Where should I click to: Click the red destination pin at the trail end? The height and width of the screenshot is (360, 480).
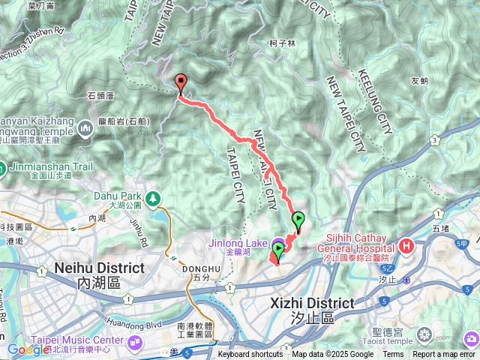pyautogui.click(x=180, y=84)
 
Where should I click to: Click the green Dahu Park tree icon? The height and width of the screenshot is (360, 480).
pyautogui.click(x=153, y=198)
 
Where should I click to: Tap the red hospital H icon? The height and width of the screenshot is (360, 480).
pyautogui.click(x=406, y=246)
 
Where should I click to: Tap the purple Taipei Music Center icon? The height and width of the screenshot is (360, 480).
pyautogui.click(x=136, y=342)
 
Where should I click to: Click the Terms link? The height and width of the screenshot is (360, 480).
pyautogui.click(x=393, y=355)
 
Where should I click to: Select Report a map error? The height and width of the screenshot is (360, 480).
pyautogui.click(x=444, y=355)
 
